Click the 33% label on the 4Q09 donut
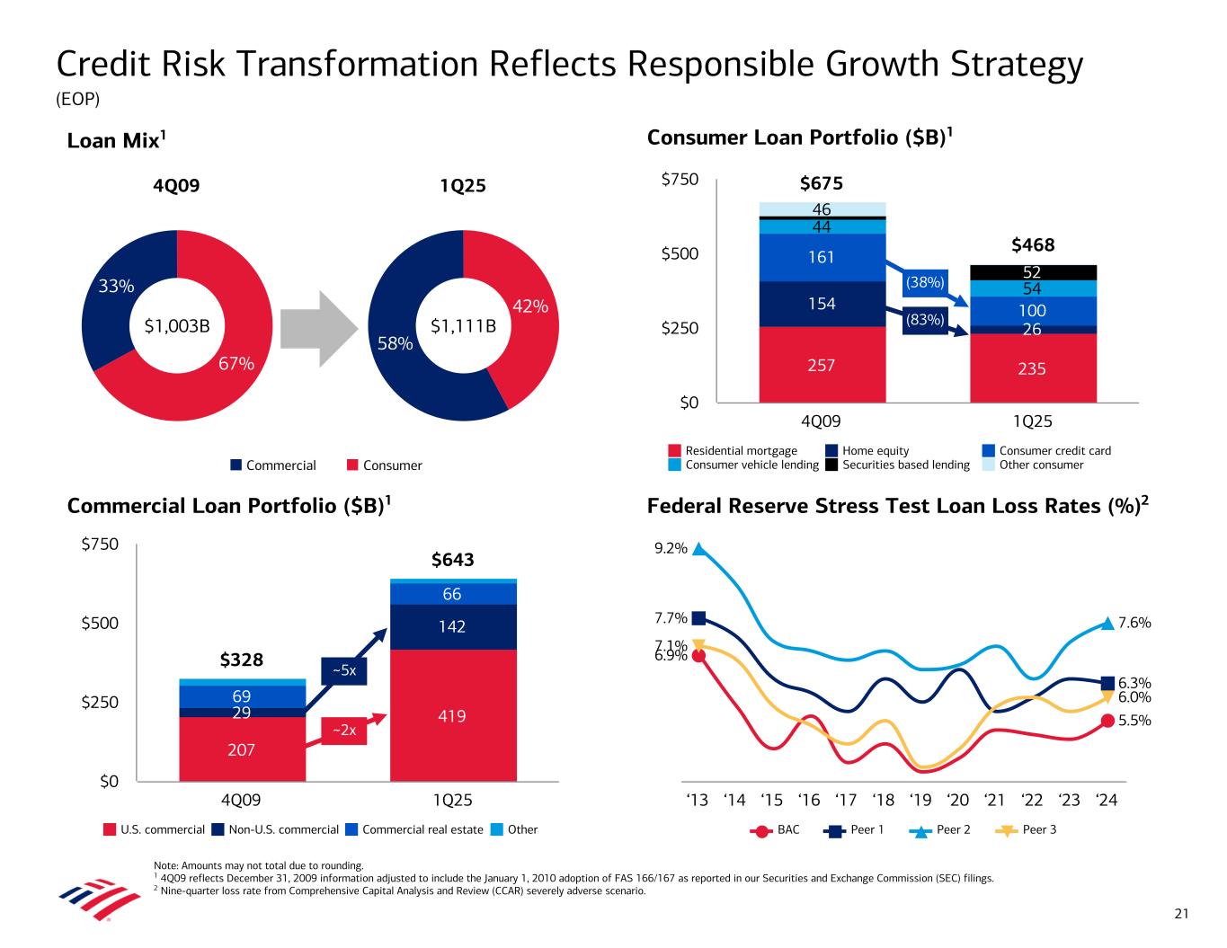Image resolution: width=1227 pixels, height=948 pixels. (117, 287)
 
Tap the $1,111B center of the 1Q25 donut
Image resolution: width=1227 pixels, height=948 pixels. (463, 326)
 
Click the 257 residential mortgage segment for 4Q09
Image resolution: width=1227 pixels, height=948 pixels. (822, 365)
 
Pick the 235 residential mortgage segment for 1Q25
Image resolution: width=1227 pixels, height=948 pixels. (1032, 368)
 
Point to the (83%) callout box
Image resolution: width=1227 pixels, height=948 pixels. (925, 319)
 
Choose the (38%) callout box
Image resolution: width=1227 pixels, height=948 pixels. (925, 282)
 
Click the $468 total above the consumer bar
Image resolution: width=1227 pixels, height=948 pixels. (1032, 244)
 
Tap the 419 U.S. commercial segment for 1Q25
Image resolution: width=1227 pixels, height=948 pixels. (452, 716)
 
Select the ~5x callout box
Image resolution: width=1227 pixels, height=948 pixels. (344, 670)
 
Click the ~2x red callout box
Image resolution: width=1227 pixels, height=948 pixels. (344, 731)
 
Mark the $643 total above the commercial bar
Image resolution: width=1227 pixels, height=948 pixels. (452, 561)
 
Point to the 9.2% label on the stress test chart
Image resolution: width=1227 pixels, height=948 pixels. (672, 548)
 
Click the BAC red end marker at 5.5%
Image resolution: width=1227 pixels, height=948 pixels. (1107, 721)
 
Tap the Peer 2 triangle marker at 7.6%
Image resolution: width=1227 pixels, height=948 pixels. (1107, 623)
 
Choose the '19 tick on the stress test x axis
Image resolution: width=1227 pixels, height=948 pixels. (920, 800)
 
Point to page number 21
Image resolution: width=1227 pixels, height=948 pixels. (1181, 914)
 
